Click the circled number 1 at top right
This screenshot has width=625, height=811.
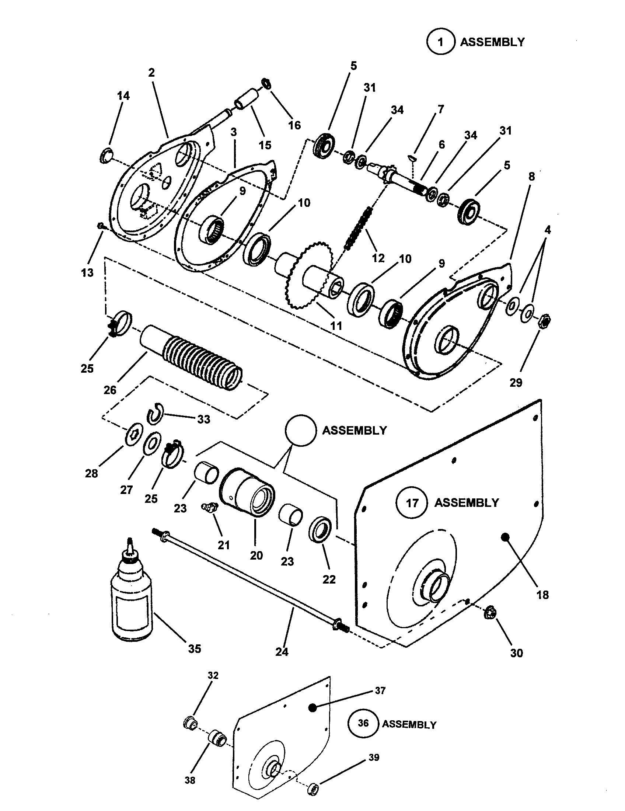[x=440, y=42]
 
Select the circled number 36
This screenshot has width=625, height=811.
[x=363, y=723]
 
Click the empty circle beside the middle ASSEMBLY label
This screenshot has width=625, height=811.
[x=301, y=430]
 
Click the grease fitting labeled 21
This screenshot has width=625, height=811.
[x=210, y=507]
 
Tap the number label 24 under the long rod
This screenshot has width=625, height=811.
[x=282, y=651]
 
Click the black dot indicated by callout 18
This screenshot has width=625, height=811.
[x=505, y=537]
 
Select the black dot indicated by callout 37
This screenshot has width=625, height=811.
[x=312, y=707]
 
